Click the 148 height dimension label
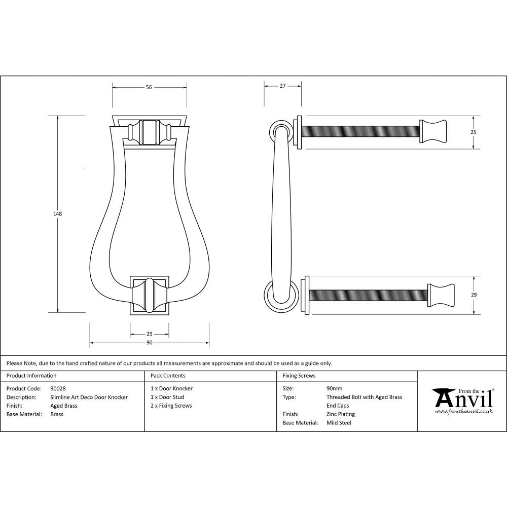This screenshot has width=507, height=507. point(57,214)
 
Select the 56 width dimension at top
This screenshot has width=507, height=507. point(149,87)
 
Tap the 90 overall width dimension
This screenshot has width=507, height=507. point(150,343)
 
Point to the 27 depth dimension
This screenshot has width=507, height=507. point(283,86)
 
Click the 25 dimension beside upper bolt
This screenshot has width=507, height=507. point(474,132)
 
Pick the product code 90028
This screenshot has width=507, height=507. point(58,389)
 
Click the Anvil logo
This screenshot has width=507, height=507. point(462,401)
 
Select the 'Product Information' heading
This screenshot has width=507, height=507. point(31,376)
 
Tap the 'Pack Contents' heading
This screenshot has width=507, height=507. point(168,376)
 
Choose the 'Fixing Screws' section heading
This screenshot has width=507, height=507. point(299,376)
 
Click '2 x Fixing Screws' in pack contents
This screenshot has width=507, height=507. point(171,406)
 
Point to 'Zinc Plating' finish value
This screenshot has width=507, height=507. point(341,414)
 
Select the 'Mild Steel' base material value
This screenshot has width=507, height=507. point(339,423)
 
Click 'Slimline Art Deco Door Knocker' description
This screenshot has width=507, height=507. point(89,397)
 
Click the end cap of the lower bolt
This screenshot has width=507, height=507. point(441,295)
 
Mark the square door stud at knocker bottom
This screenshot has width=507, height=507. point(150,295)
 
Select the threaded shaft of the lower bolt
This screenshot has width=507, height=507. point(368,295)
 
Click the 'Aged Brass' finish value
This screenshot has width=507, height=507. point(64,406)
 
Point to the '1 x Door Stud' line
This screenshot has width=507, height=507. point(167,397)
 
